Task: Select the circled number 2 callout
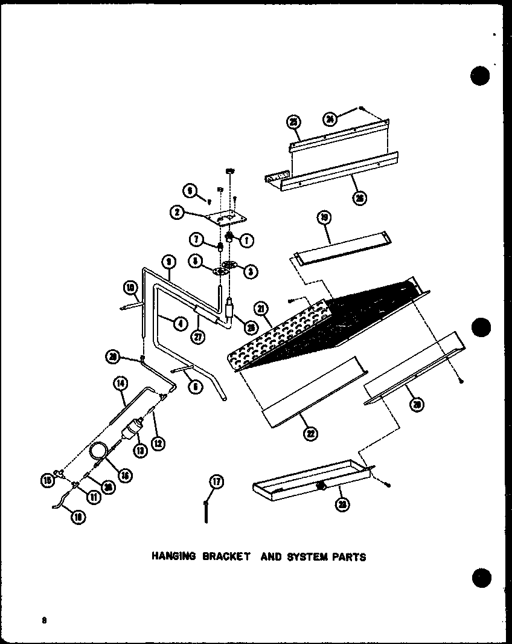coord(177,211)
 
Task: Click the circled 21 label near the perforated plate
coord(261,310)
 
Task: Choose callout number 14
coord(120,382)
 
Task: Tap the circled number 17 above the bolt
coord(216,481)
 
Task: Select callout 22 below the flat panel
coord(311,433)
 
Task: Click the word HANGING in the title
coord(173,557)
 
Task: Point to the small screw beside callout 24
coord(360,109)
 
